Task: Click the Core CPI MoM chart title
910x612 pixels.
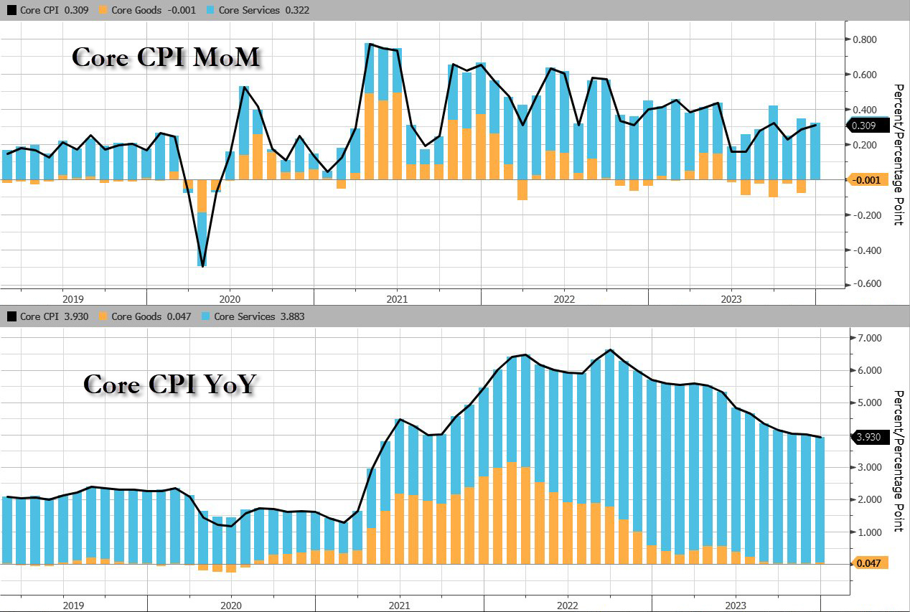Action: tap(165, 57)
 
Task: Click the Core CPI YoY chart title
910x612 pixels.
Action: tap(169, 384)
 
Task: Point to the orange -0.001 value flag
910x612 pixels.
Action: tap(867, 180)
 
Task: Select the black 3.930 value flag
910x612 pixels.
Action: tap(867, 437)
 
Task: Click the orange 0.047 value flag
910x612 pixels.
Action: tap(868, 563)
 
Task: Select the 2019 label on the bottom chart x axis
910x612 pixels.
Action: tap(73, 605)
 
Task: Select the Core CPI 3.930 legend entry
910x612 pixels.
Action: tap(48, 316)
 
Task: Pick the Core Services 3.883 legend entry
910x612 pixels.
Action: tap(235, 316)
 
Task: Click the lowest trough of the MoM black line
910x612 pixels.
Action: tap(203, 266)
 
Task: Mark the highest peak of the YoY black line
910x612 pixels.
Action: tap(609, 349)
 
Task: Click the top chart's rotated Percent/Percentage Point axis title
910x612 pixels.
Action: tap(897, 154)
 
